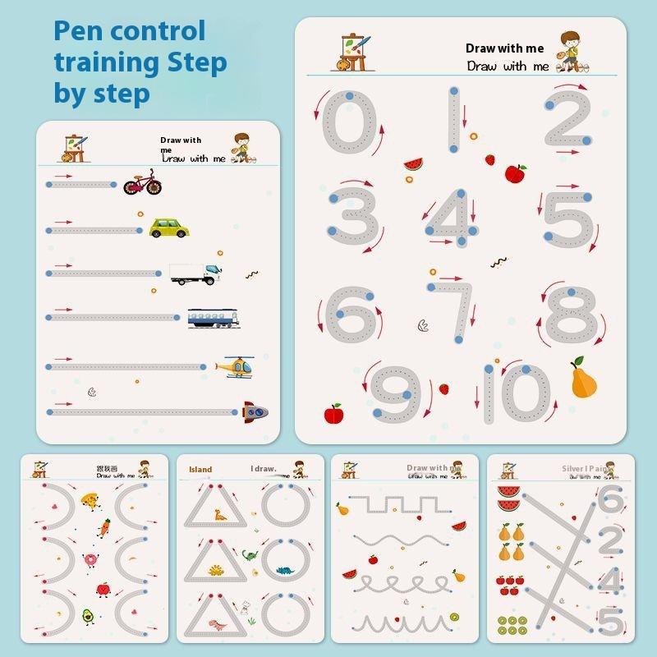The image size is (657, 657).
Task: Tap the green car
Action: [x=168, y=227]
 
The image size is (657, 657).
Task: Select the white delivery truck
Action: [x=195, y=273]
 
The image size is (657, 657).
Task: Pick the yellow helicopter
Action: [x=236, y=366]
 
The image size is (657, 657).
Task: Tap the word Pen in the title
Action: [x=79, y=31]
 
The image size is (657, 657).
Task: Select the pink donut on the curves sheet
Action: [x=90, y=559]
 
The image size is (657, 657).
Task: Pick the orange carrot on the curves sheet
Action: [x=103, y=526]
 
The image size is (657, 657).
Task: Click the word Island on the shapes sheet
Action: [x=200, y=470]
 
